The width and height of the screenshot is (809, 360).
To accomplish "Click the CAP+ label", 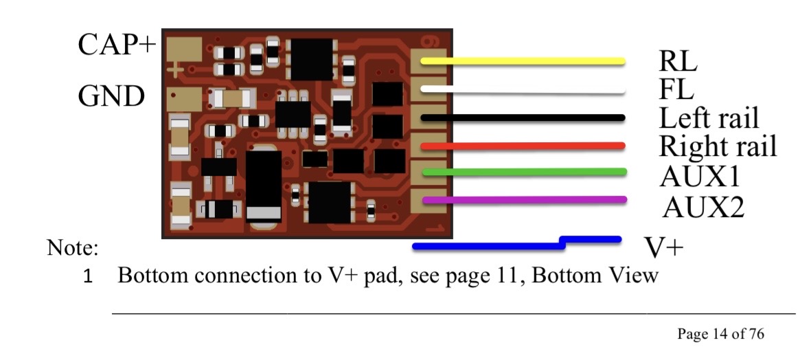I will (x=117, y=45).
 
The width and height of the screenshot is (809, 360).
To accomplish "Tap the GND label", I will (x=111, y=97).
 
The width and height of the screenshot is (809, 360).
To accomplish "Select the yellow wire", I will (x=522, y=62).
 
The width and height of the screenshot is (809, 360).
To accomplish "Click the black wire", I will (x=522, y=118).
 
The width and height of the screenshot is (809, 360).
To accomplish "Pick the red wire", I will (x=522, y=146).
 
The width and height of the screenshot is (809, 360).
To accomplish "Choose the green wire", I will (x=522, y=172).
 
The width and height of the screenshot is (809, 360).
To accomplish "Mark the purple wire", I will (x=522, y=200).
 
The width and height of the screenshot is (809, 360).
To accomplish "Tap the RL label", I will (x=677, y=62).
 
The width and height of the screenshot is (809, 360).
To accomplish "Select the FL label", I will (x=676, y=89).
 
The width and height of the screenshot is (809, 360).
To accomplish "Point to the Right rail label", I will (x=717, y=146).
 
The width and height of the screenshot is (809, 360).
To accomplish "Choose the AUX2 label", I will (x=703, y=205).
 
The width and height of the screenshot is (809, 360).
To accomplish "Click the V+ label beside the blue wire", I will (x=663, y=247).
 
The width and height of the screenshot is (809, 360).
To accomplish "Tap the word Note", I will (x=73, y=247).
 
